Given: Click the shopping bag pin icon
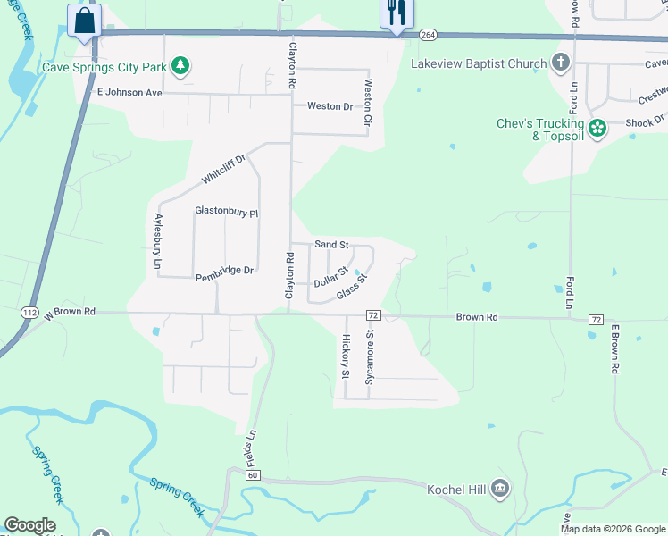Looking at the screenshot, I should pos(84,20).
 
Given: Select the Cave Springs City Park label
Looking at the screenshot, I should pos(104,67).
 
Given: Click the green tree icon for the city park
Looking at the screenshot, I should pos(181,65).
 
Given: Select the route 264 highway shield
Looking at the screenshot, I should pos(427,35).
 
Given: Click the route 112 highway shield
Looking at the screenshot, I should pos(29,313).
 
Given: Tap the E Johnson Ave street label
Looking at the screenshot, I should pos(129,92).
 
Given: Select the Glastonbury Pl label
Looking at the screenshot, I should pos(226,212).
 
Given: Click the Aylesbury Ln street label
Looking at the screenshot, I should pos(157,241).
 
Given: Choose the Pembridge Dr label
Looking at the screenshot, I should pos(225,270).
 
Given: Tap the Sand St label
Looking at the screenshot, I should pos(331,244).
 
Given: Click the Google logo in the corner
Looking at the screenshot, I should pos(29,525).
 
